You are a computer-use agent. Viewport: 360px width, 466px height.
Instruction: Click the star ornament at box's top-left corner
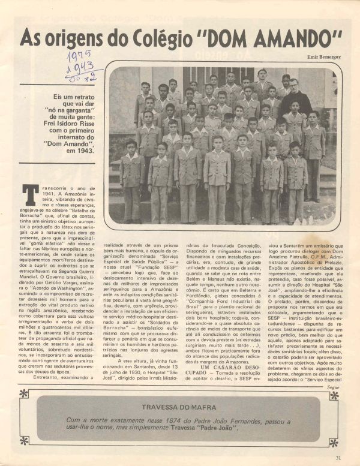click(x=23, y=393)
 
